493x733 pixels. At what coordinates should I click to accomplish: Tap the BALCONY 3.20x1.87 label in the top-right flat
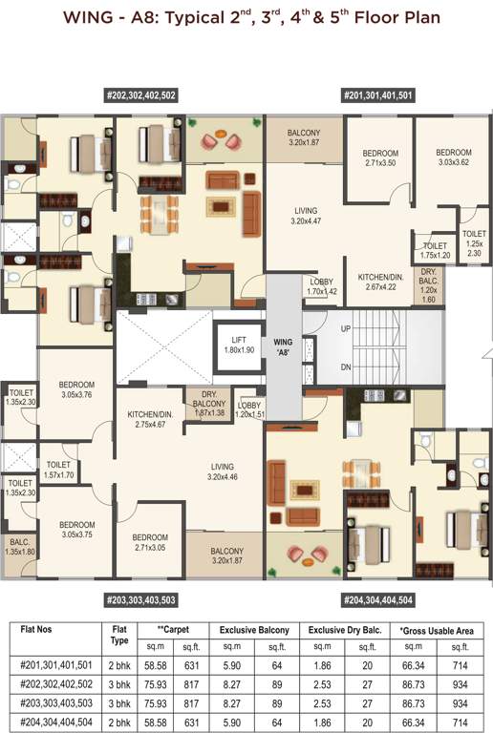[x=303, y=137]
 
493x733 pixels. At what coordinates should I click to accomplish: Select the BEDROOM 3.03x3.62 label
[x=454, y=157]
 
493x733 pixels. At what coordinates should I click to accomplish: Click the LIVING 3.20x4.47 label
[x=306, y=216]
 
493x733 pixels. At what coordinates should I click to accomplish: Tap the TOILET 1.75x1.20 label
[x=435, y=250]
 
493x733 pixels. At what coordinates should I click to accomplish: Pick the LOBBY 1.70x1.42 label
[x=321, y=285]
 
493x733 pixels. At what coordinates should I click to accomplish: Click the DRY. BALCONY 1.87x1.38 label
[x=207, y=405]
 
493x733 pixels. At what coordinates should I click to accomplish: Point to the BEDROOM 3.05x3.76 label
[x=76, y=390]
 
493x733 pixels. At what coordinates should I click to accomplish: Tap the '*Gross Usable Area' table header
[x=438, y=631]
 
